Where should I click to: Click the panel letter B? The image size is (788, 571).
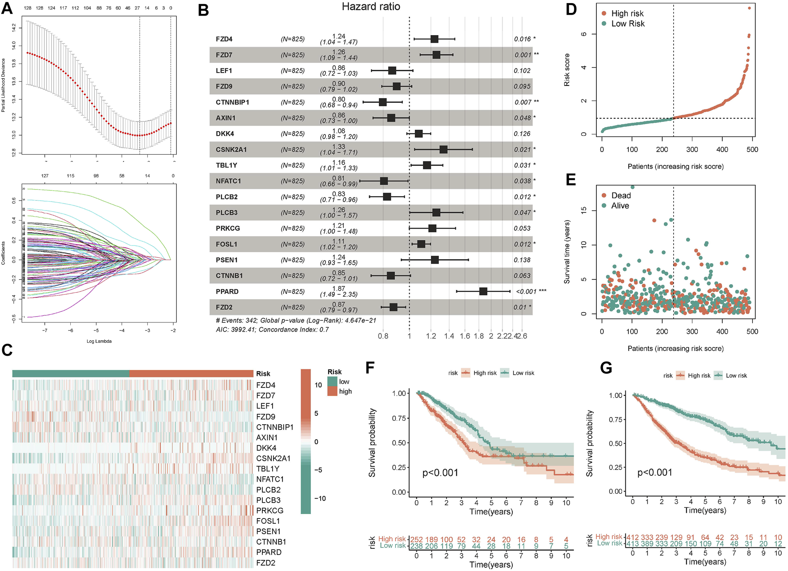pos(203,10)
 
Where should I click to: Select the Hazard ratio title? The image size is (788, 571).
pos(371,7)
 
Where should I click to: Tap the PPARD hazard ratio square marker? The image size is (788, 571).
pos(483,291)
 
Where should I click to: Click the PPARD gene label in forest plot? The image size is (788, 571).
pos(227,292)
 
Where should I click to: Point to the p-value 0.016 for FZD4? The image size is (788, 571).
pos(523,39)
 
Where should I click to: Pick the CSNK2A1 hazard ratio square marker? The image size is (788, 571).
pos(443,149)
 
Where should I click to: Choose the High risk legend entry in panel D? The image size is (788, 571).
pos(627,13)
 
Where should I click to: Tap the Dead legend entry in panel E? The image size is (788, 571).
pos(621,196)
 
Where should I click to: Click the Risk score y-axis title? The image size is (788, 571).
pos(567,70)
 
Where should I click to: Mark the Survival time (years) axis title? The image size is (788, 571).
pos(567,252)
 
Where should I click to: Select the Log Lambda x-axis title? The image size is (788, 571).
pos(99,341)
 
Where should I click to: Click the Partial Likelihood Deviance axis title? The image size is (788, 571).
pos(4,85)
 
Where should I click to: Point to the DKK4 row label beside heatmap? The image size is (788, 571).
pos(266,448)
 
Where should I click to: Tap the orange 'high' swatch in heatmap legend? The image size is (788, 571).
pos(332,391)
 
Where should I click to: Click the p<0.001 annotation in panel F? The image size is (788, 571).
pos(440,473)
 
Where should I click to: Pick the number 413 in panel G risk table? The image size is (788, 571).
pos(632,543)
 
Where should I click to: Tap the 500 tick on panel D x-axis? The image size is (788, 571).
pos(752,149)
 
